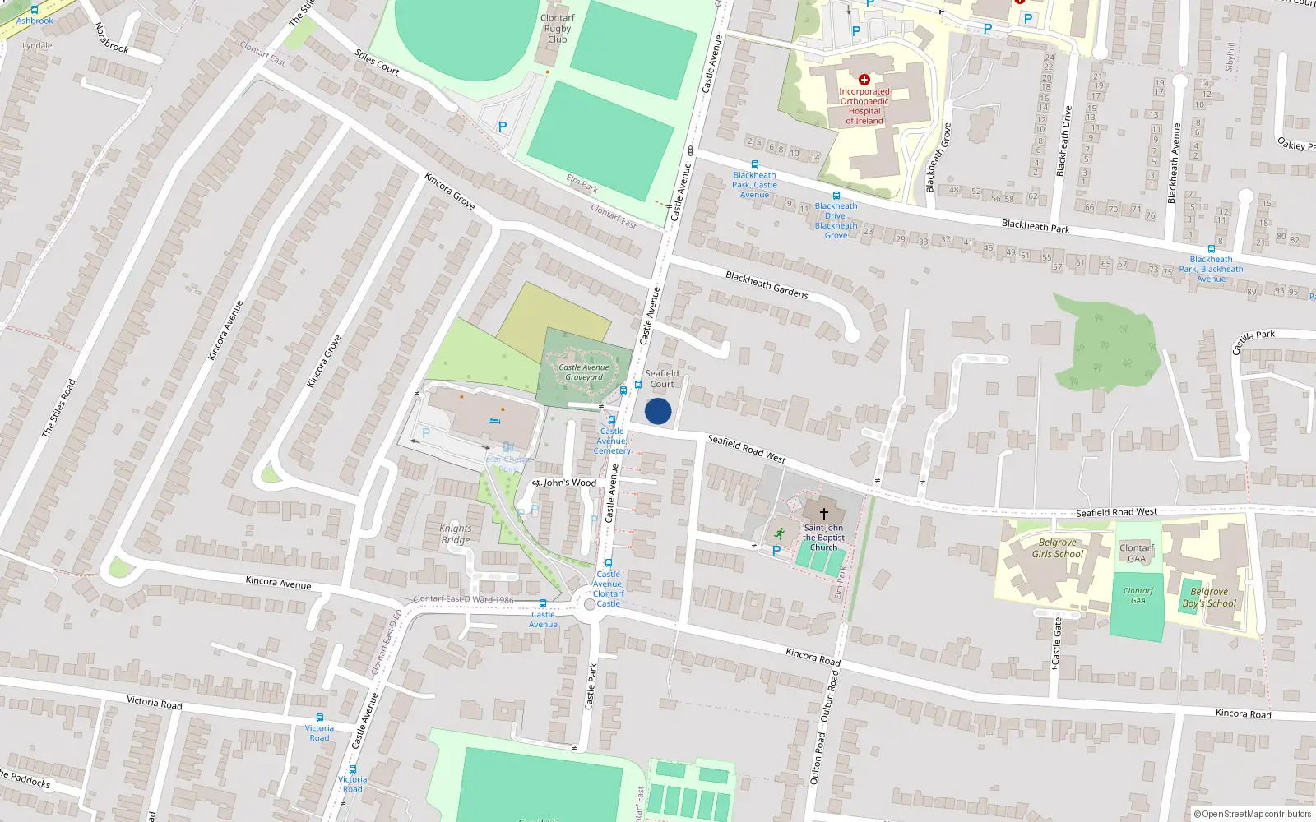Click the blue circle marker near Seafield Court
coord(658,412)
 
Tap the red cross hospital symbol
coord(864,80)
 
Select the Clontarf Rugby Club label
coord(558,29)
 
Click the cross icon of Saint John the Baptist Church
coord(823,513)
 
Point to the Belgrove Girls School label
coord(1058,548)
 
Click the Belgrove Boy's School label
coord(1209,598)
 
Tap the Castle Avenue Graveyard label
coord(584,372)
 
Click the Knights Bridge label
coord(456,534)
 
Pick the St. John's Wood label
coord(564,483)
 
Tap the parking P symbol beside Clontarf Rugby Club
coord(503,127)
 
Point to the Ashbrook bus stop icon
coord(35,10)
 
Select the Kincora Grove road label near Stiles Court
coord(450,190)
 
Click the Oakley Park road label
coord(1296,145)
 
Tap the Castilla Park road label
coord(1253,341)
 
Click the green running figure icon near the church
coord(779,533)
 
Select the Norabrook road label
coord(111,38)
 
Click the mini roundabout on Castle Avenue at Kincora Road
coord(589,605)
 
